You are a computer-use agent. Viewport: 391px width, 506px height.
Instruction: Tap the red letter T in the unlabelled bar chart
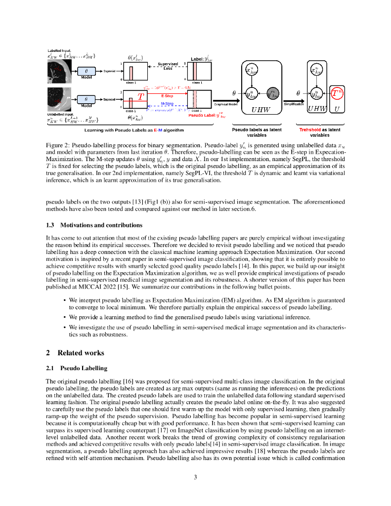(141, 97)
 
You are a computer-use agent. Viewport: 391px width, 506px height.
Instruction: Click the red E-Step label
(167, 95)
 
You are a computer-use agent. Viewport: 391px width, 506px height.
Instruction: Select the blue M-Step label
(167, 103)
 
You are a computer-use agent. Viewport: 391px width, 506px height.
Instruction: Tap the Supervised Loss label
(168, 66)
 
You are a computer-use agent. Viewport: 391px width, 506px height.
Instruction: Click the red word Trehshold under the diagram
(310, 129)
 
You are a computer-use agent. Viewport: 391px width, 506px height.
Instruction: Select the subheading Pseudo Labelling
(84, 368)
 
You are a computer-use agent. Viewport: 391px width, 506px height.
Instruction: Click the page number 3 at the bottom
(195, 477)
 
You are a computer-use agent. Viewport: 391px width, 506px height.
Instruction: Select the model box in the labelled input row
(87, 72)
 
